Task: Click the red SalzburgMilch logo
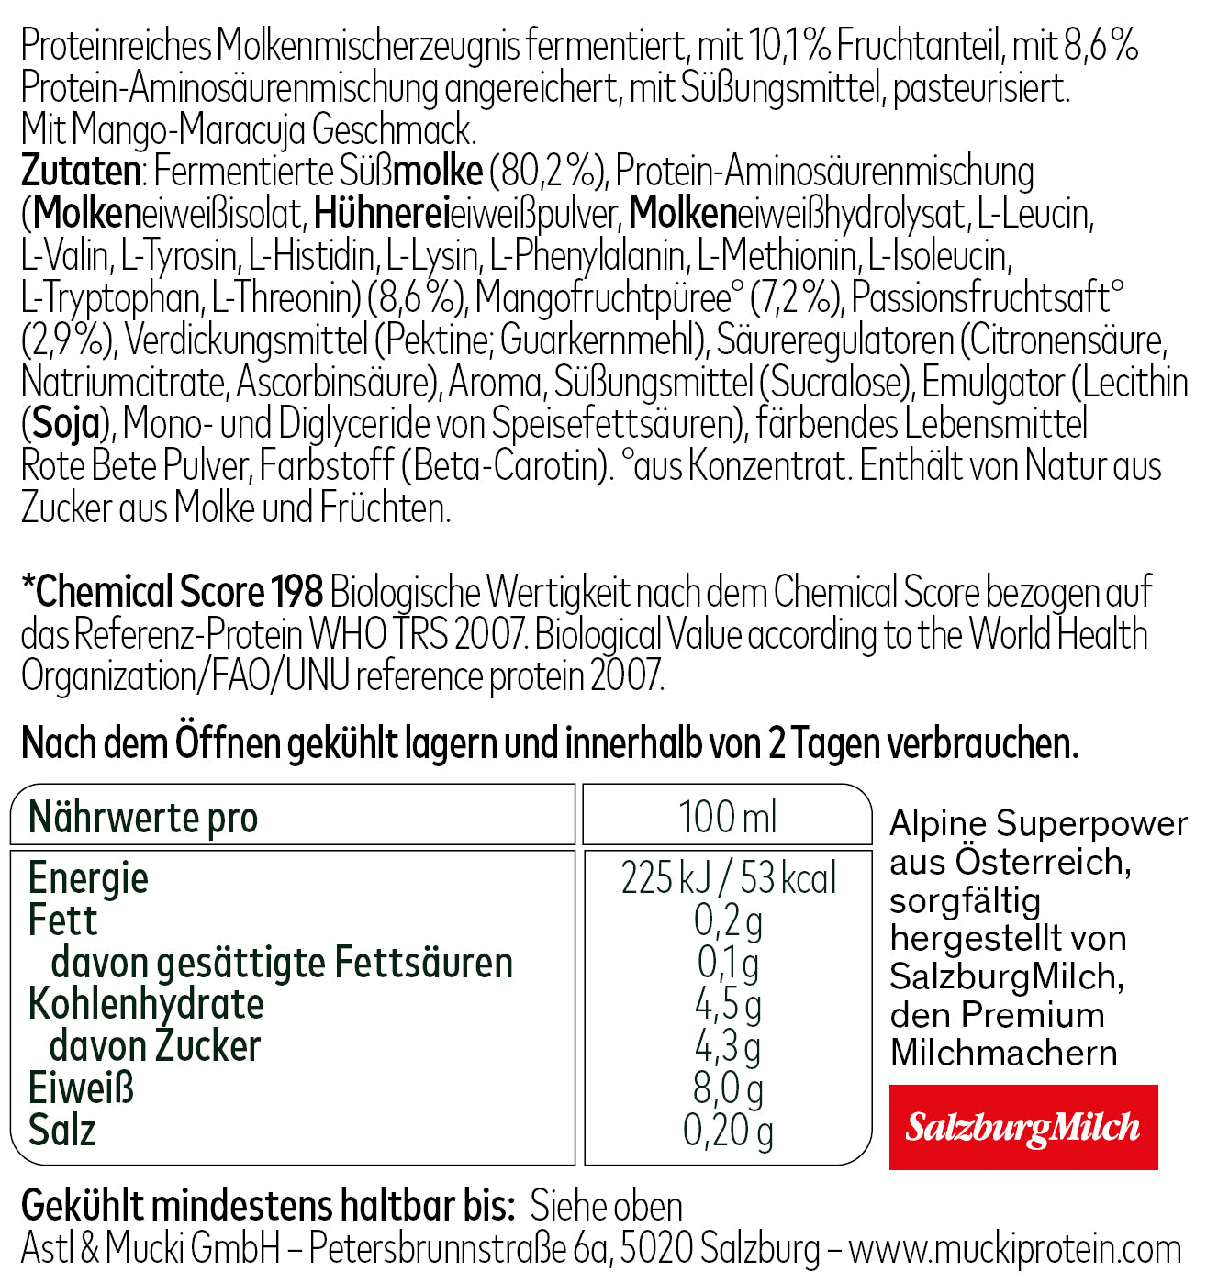(x=1022, y=1127)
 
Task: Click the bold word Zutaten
(x=81, y=172)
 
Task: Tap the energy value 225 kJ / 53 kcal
(x=728, y=878)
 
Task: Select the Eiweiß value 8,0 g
(x=728, y=1088)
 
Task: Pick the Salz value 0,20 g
(x=728, y=1131)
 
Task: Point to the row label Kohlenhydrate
(x=146, y=1004)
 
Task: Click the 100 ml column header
(x=728, y=817)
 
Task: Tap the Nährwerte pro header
(x=143, y=817)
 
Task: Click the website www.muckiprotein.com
(x=1014, y=1249)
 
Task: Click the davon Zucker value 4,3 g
(x=728, y=1046)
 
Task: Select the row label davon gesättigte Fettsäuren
(x=282, y=963)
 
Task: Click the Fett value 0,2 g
(x=728, y=920)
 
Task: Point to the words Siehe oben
(x=606, y=1206)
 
